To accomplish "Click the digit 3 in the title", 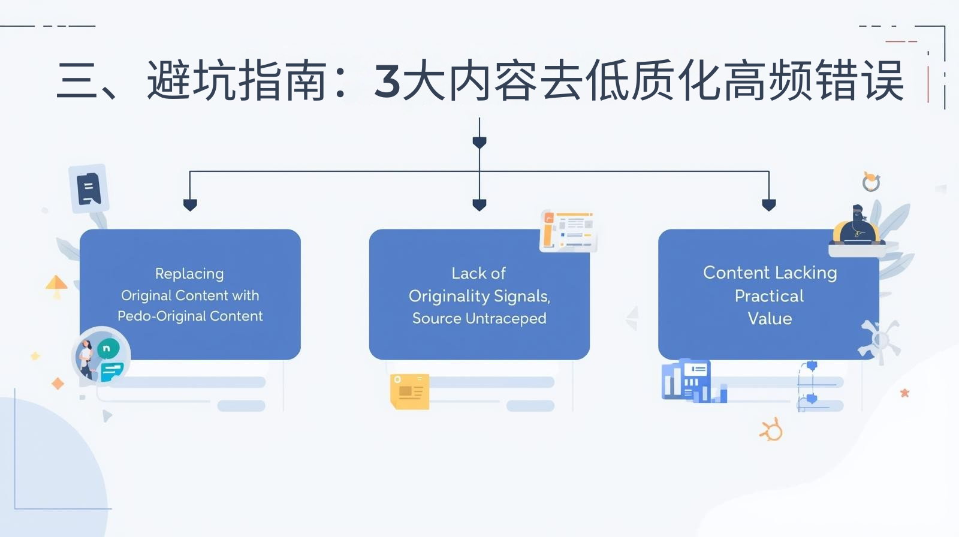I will point(387,81).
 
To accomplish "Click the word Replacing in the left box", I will point(189,274).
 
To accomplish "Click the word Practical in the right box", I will point(769,296).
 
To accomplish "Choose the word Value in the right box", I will point(770,318).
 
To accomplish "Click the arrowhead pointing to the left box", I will point(190,205).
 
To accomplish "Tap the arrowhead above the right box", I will point(769,205).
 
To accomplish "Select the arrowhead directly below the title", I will point(479,143).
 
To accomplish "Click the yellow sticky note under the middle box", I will point(409,391).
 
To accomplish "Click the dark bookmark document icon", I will point(89,189).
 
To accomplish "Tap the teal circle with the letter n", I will point(107,348).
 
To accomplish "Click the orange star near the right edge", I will point(904,393).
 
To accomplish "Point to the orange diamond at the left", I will point(58,384).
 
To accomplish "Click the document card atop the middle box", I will point(568,231).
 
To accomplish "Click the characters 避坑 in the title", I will point(192,81).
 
